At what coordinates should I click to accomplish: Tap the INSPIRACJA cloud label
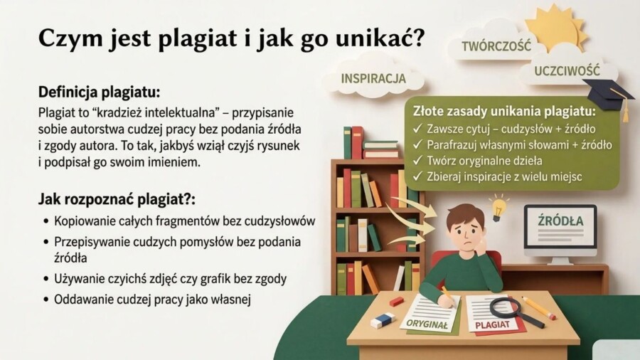(x=373, y=78)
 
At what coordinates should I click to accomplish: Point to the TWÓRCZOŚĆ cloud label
(x=496, y=46)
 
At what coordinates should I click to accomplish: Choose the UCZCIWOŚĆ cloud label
(x=567, y=71)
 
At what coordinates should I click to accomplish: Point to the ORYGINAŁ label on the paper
(x=429, y=323)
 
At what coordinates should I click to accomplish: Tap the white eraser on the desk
(x=383, y=320)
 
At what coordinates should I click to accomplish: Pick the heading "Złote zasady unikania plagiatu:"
(x=504, y=112)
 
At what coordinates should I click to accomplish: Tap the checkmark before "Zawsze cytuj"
(x=417, y=129)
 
